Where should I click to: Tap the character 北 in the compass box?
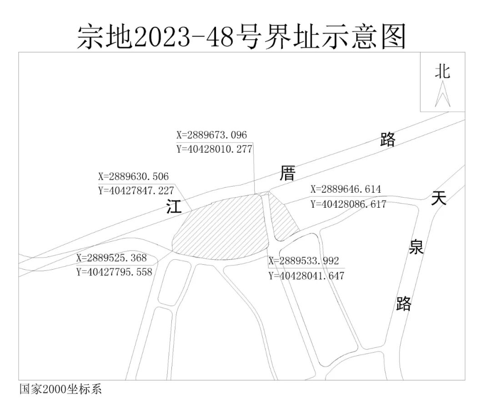(x=442, y=72)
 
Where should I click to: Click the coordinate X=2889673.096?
(x=211, y=135)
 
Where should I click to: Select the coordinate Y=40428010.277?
(x=214, y=149)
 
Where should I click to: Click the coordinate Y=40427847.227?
(x=136, y=191)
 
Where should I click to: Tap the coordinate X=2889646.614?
(x=346, y=190)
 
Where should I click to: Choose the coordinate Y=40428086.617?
(x=348, y=204)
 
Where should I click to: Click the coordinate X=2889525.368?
(x=111, y=258)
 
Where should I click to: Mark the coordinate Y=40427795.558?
(x=114, y=272)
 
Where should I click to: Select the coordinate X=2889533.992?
(x=304, y=261)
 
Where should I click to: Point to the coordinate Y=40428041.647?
(x=306, y=276)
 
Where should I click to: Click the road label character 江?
(x=174, y=207)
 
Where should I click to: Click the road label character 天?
(x=439, y=198)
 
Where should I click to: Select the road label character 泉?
(x=416, y=247)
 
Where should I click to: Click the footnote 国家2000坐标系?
(x=60, y=390)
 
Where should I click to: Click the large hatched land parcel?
(x=218, y=228)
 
